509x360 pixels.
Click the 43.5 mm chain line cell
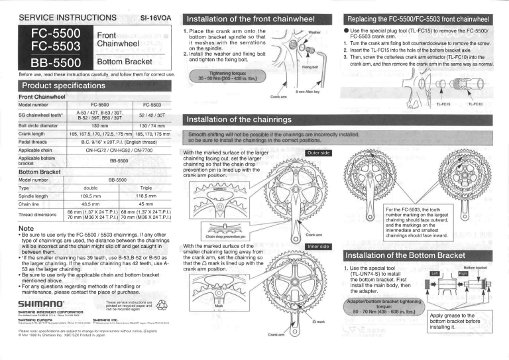tap(89, 205)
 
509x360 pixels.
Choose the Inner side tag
tap(317, 247)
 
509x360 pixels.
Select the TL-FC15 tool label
tap(443, 104)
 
